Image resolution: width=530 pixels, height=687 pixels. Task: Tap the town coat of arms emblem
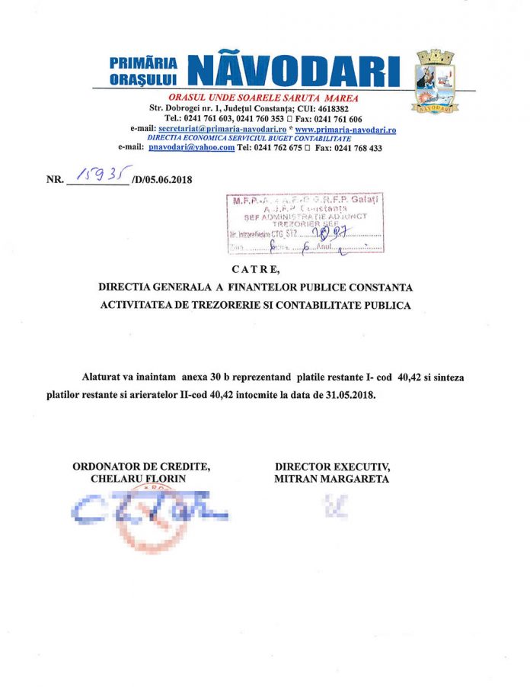(435, 81)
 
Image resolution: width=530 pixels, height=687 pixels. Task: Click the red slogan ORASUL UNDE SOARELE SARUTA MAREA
(263, 98)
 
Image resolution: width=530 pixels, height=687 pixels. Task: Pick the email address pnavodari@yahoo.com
(191, 147)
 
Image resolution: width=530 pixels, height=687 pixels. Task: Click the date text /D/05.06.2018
(161, 181)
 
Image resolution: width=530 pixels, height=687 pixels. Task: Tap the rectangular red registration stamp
(305, 223)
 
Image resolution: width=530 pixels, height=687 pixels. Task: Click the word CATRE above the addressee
(255, 269)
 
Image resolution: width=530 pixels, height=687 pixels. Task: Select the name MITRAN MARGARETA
(331, 479)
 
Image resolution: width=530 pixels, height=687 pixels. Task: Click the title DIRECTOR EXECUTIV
(332, 467)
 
